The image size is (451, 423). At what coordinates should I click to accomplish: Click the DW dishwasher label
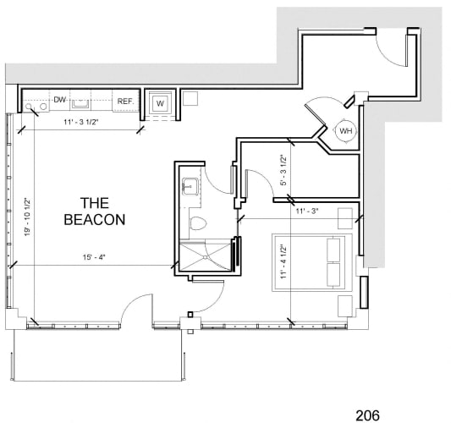(x=59, y=100)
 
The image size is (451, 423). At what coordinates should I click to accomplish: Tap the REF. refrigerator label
(x=126, y=102)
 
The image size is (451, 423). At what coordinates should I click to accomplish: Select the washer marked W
(x=160, y=103)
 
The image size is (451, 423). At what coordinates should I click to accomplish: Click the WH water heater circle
(x=346, y=131)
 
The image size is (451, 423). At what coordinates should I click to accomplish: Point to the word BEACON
(x=95, y=220)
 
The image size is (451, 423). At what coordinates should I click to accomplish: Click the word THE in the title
(x=95, y=203)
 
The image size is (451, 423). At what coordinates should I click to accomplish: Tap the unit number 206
(x=367, y=415)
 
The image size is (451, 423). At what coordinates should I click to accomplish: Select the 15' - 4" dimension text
(x=94, y=257)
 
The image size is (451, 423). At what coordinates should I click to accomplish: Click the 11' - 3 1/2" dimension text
(x=81, y=122)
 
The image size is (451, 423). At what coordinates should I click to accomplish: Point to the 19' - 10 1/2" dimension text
(x=27, y=217)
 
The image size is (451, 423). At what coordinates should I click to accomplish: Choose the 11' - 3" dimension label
(x=307, y=211)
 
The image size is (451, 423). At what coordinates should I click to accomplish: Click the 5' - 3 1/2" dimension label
(x=283, y=170)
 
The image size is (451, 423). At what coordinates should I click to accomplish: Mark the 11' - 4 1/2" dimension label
(x=283, y=261)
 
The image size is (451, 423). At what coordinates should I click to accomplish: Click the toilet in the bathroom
(x=198, y=223)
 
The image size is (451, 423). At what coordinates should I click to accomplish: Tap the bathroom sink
(x=190, y=186)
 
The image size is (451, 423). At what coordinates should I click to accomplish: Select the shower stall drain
(x=206, y=257)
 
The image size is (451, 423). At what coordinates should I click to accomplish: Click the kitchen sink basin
(x=80, y=103)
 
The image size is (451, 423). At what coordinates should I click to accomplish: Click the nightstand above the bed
(x=345, y=218)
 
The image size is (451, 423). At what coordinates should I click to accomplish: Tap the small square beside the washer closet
(x=190, y=98)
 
